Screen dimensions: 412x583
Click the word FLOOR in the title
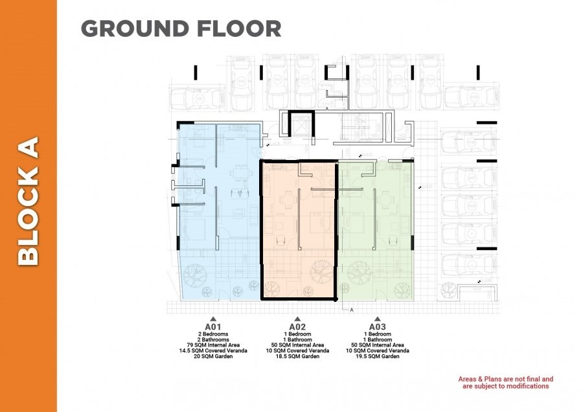[240, 29]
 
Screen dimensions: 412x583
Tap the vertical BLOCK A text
[29, 200]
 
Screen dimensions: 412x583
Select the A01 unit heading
[213, 326]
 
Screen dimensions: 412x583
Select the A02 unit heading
[297, 326]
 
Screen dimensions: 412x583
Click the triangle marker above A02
[297, 319]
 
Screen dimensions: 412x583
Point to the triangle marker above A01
[213, 319]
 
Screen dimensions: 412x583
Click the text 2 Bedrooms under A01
[213, 334]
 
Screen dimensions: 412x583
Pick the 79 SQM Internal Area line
[213, 345]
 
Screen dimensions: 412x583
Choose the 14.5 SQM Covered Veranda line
[213, 351]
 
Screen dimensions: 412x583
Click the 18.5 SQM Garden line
[297, 356]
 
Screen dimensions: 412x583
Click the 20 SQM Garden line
[213, 356]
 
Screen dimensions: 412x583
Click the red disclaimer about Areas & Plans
[506, 382]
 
